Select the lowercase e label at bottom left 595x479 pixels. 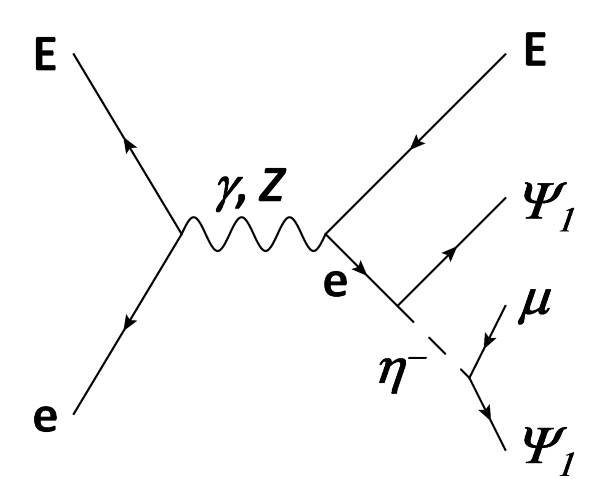tap(45, 418)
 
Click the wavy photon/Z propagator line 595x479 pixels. tap(253, 234)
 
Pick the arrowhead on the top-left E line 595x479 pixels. tap(130, 145)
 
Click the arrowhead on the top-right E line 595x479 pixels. tap(417, 143)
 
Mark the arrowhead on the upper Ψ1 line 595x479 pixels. tap(450, 253)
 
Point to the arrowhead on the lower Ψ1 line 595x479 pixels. tap(486, 412)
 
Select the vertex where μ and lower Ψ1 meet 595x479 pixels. tap(469, 377)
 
